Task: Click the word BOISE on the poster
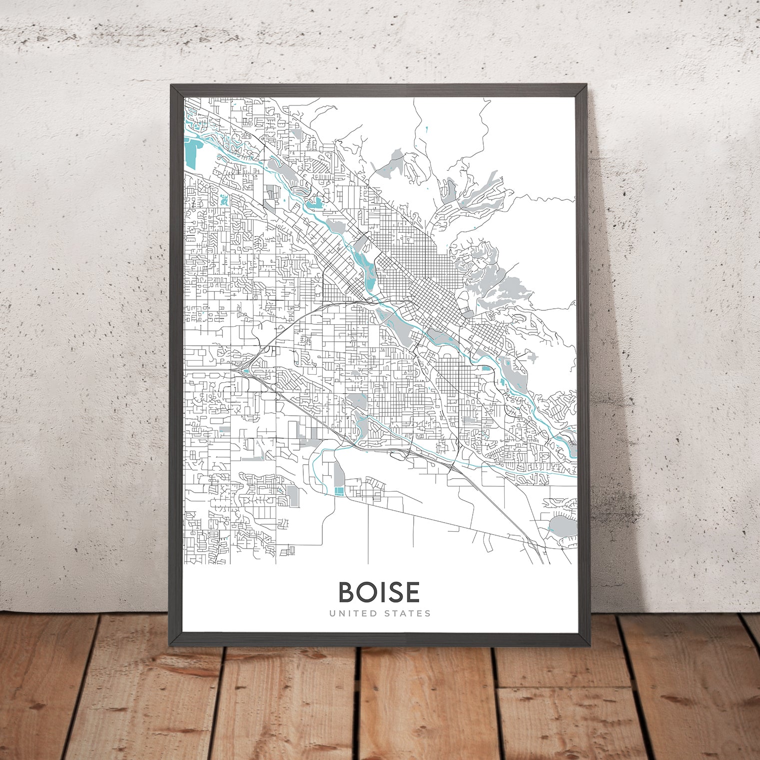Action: pos(379,592)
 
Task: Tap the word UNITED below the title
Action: pos(352,613)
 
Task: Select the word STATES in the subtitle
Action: pos(407,613)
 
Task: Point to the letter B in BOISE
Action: pos(347,592)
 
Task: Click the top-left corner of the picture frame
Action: pos(171,85)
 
